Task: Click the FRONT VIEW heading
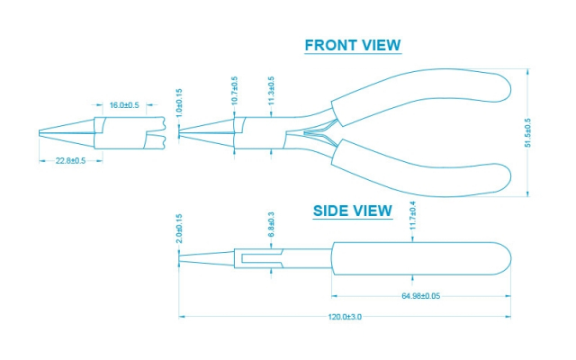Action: (353, 45)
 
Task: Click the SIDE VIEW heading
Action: (353, 211)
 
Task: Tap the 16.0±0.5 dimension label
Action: (124, 105)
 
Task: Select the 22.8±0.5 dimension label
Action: (70, 160)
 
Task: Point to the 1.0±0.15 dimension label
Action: (179, 103)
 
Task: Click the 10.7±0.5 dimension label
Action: (235, 91)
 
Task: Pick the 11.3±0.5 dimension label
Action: (272, 91)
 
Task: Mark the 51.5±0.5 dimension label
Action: (528, 132)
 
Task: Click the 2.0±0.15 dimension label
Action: (179, 229)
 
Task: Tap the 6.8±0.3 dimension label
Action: (272, 224)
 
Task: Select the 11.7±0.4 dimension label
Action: (412, 216)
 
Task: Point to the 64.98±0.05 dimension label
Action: (421, 296)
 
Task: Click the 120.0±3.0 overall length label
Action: (345, 317)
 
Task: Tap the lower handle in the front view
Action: (421, 170)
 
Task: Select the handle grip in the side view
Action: (421, 258)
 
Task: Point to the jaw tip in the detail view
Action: (40, 132)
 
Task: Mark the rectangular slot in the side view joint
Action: (261, 259)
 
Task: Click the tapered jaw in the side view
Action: (206, 258)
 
